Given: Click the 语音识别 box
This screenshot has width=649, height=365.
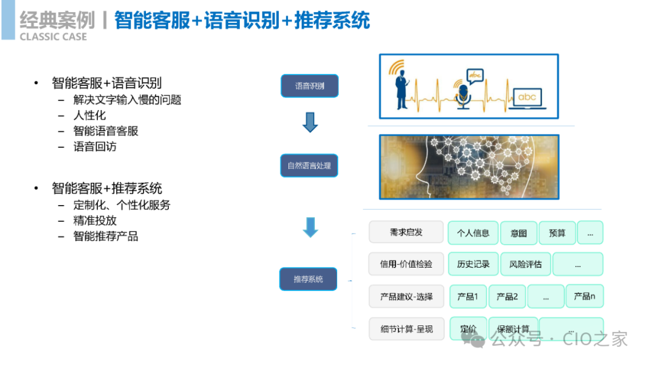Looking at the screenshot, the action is (x=309, y=86).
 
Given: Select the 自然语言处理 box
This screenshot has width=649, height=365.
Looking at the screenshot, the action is (x=309, y=165).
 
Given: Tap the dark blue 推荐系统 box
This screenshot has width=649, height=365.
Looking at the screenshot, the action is (x=308, y=279).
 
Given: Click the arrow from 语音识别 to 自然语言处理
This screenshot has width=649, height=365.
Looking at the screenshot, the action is (x=309, y=123).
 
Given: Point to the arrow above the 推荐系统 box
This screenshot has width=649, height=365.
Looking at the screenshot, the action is (x=310, y=227).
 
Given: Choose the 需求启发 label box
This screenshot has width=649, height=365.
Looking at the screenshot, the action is (x=406, y=232).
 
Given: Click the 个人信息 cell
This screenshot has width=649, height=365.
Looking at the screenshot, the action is (x=473, y=233).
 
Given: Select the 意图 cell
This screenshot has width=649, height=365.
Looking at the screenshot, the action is (x=518, y=233).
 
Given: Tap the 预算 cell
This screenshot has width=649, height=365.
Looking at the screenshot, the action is (x=557, y=233).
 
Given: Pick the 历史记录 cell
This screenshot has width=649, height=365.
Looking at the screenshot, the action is (x=473, y=264).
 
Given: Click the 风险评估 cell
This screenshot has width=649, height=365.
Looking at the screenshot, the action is (x=525, y=264).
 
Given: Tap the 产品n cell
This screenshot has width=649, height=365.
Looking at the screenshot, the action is (x=584, y=296).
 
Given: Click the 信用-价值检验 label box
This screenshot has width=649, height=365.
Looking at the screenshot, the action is (x=406, y=264).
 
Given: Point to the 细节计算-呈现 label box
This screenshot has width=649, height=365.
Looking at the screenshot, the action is (x=406, y=329).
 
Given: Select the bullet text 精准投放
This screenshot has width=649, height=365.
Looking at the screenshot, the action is (x=95, y=221).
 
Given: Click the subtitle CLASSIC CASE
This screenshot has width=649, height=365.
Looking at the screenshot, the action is (x=53, y=37).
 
